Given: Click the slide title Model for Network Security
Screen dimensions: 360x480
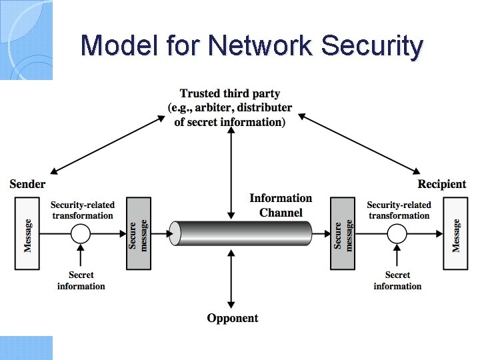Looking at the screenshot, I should [x=251, y=46].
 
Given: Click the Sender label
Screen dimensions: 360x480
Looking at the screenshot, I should [x=28, y=184].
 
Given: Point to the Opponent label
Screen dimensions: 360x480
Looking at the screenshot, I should [x=232, y=318].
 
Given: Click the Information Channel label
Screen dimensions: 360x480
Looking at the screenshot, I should [x=281, y=205].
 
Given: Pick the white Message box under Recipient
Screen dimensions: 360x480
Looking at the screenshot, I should [x=456, y=234].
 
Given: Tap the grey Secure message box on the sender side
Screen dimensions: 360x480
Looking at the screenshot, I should [x=139, y=234].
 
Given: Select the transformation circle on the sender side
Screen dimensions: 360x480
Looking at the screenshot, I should [x=81, y=234].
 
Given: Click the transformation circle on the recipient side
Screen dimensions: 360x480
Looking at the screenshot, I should [x=397, y=234].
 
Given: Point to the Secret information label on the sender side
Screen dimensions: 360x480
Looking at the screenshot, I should [x=81, y=281].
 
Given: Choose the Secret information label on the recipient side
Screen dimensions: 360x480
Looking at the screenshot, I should [x=397, y=281].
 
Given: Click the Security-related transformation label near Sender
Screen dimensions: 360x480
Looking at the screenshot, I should [x=83, y=210].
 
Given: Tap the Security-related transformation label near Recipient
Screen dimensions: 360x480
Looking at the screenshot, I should [x=399, y=210].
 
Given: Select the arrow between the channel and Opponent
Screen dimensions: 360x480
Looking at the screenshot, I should [x=231, y=280].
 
